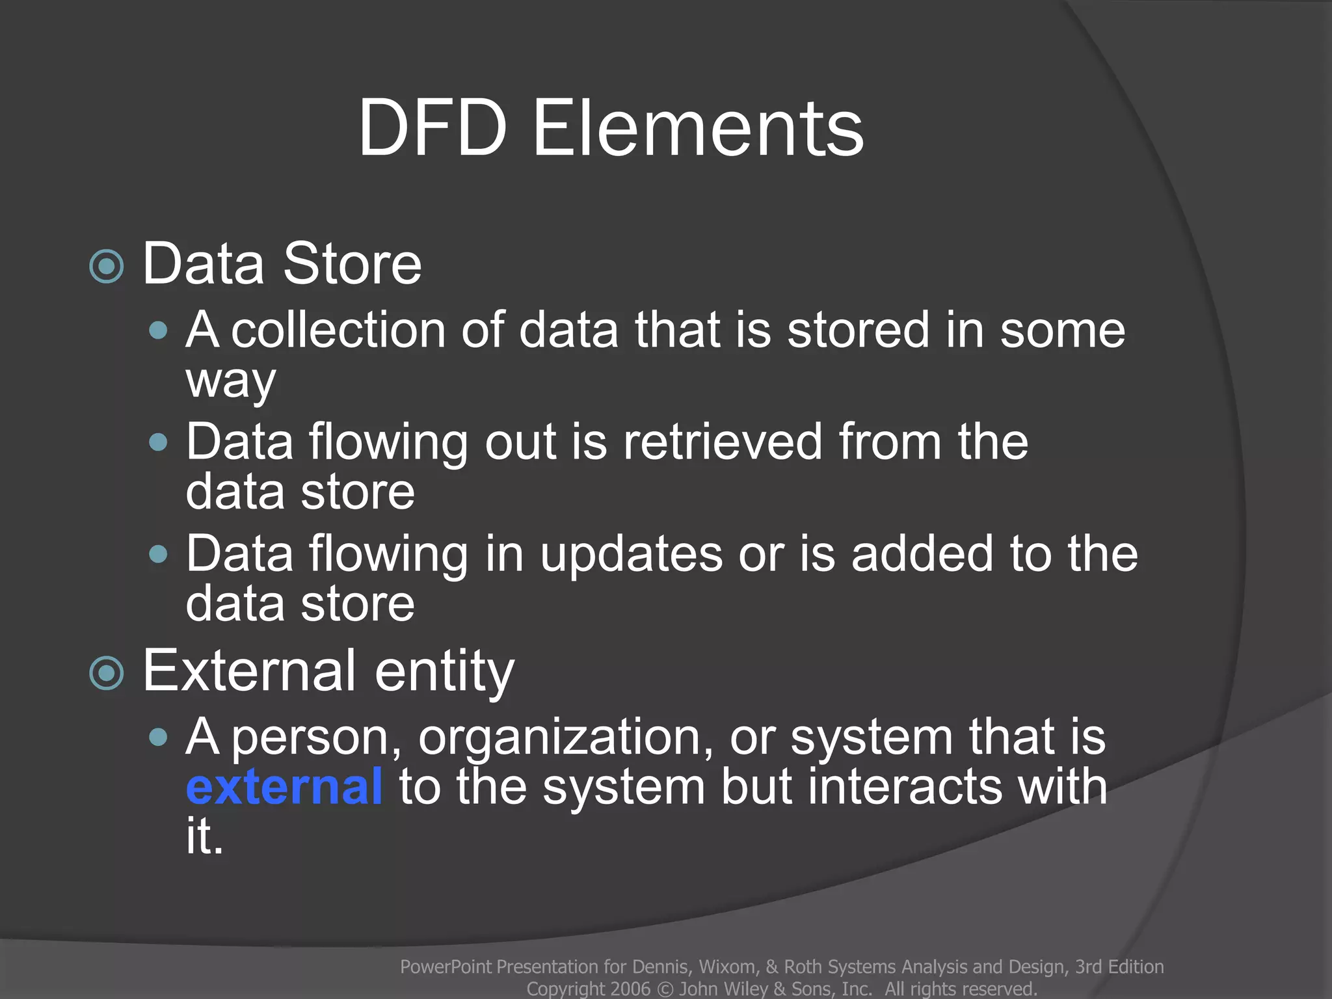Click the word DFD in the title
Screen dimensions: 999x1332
pyautogui.click(x=433, y=128)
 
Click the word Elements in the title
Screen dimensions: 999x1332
pyautogui.click(x=698, y=128)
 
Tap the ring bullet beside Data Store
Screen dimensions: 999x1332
pyautogui.click(x=107, y=266)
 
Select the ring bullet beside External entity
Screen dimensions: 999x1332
pyautogui.click(x=107, y=673)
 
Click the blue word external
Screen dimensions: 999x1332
pyautogui.click(x=284, y=786)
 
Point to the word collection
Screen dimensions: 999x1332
pyautogui.click(x=338, y=330)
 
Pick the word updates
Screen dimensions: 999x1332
pyautogui.click(x=631, y=554)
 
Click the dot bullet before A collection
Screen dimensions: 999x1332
pyautogui.click(x=158, y=330)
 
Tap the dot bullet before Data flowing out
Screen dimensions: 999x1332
pyautogui.click(x=158, y=443)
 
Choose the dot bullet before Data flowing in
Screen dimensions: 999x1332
pyautogui.click(x=158, y=555)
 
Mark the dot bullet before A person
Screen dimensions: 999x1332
pyautogui.click(x=158, y=738)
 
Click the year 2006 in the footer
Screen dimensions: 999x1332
pyautogui.click(x=630, y=989)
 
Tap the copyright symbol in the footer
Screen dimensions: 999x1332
pyautogui.click(x=665, y=989)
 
